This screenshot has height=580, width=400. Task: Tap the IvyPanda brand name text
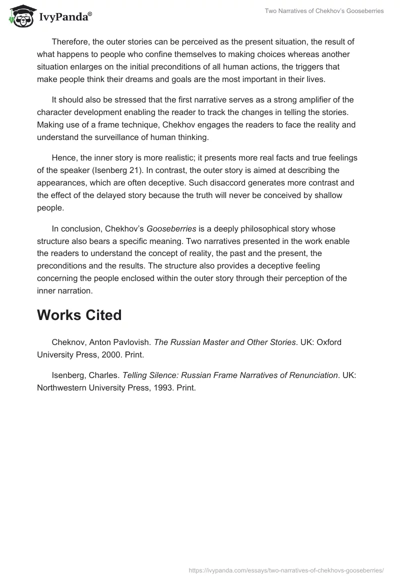pyautogui.click(x=64, y=17)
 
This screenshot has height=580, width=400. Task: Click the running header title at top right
pyautogui.click(x=324, y=11)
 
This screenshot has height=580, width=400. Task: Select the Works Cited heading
pyautogui.click(x=79, y=315)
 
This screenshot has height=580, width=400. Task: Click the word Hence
pyautogui.click(x=63, y=158)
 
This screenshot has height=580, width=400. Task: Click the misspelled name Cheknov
pyautogui.click(x=69, y=342)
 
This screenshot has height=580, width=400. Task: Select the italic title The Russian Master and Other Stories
pyautogui.click(x=224, y=342)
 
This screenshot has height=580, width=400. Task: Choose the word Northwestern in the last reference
pyautogui.click(x=63, y=387)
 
